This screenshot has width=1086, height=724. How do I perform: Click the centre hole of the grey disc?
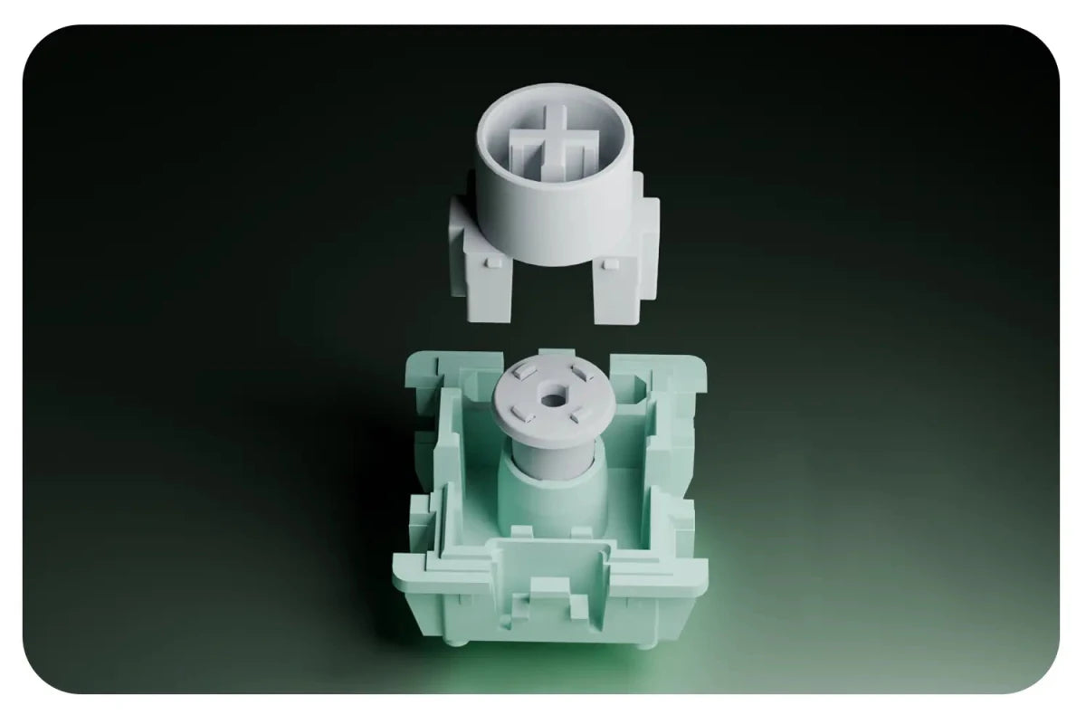tap(552, 397)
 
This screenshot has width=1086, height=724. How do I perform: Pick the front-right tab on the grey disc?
tap(576, 415)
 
